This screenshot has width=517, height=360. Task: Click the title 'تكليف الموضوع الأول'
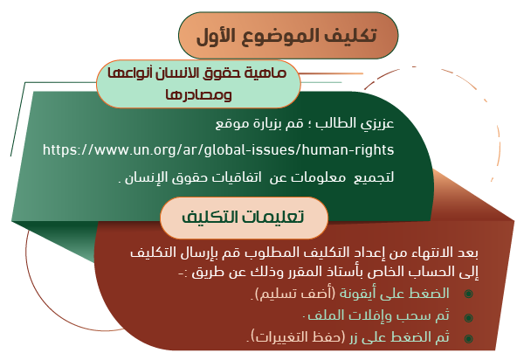click(286, 35)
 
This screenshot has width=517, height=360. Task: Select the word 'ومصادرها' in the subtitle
click(199, 94)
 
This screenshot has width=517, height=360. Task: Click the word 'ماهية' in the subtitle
click(268, 73)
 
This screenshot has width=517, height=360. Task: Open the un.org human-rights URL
click(218, 150)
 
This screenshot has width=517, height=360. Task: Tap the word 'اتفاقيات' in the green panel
click(237, 177)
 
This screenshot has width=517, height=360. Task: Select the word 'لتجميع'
click(374, 177)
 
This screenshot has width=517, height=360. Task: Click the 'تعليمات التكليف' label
click(243, 217)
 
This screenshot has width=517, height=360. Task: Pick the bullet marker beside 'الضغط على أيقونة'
click(468, 294)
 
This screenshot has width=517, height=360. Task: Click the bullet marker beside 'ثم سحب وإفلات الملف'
click(468, 317)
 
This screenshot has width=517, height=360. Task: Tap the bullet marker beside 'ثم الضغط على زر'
click(468, 338)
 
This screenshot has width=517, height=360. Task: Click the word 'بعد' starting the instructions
click(467, 253)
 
